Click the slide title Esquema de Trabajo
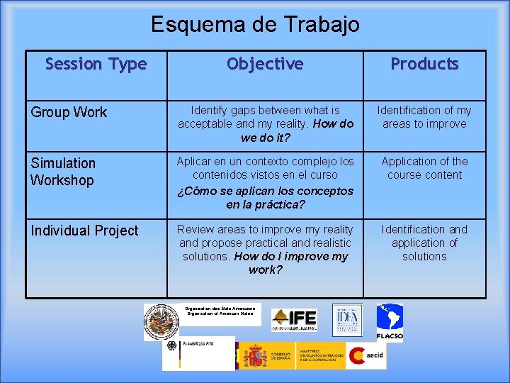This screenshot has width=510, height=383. (x=255, y=25)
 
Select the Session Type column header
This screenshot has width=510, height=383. (x=96, y=65)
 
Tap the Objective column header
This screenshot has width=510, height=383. (x=265, y=65)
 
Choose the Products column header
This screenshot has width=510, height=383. (x=424, y=65)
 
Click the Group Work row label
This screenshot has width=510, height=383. (x=69, y=112)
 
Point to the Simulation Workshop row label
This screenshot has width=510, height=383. (x=62, y=172)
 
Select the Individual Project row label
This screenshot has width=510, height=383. (x=84, y=231)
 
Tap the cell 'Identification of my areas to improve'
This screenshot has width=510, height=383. (x=424, y=117)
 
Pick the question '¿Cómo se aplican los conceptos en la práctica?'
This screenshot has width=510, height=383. (x=265, y=198)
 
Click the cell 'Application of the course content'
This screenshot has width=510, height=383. (x=424, y=168)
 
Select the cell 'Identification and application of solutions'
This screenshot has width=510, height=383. (x=424, y=243)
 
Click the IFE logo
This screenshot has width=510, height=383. (x=294, y=320)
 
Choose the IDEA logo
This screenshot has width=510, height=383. (x=347, y=320)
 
